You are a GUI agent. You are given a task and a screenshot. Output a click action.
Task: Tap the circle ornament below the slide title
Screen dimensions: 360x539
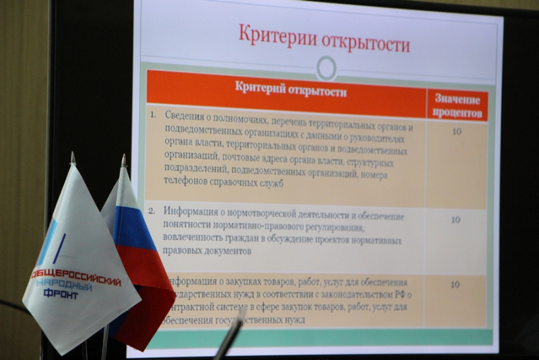point(327,67)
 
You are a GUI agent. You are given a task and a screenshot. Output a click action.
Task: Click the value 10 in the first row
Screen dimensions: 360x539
point(457,131)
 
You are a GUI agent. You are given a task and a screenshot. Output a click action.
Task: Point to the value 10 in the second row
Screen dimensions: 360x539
point(455,220)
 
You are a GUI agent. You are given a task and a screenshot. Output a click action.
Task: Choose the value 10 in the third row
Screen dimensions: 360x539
point(455,284)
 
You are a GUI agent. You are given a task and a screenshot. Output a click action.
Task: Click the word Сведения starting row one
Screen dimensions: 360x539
point(185,115)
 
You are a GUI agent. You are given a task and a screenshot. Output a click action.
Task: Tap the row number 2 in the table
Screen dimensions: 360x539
point(153,210)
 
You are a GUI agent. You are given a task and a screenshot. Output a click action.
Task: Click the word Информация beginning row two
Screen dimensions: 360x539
point(193,210)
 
